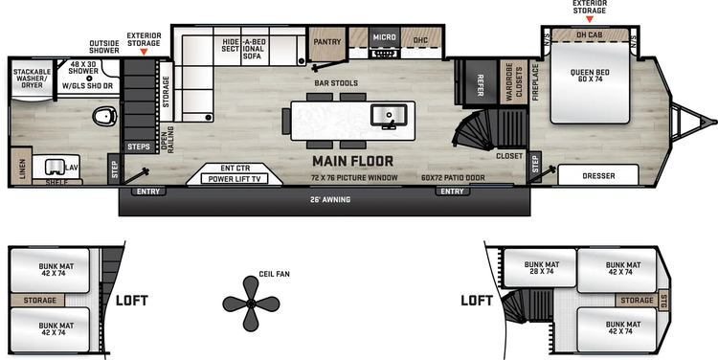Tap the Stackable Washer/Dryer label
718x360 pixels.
tap(32, 79)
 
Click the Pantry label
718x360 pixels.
tap(327, 41)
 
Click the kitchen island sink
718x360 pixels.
tap(388, 117)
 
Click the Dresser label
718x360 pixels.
tap(597, 176)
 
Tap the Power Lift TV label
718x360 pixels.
tap(236, 178)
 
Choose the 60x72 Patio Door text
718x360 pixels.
tap(454, 178)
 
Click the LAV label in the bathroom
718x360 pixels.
tap(71, 167)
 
